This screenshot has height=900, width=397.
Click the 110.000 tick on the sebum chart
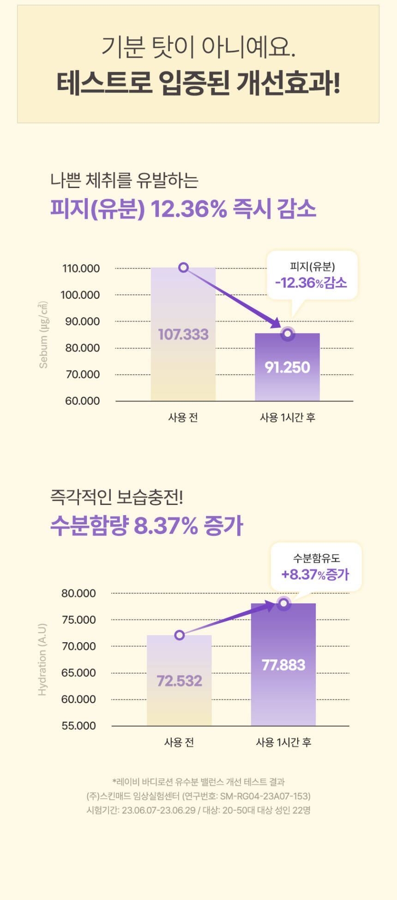coord(81,268)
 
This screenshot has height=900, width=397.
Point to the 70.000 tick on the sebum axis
coord(83,374)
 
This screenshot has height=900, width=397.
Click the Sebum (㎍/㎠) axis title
coord(43,334)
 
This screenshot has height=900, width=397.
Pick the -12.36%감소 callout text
coord(311,283)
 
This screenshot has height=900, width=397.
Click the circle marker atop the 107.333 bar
coord(183,268)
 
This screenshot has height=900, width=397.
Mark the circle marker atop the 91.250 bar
coord(287,334)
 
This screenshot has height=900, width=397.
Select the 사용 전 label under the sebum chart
coord(183,418)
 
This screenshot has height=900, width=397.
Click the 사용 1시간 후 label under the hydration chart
coord(283,742)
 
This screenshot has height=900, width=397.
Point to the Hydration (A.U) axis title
coord(42,659)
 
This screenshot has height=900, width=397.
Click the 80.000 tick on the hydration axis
coord(79,593)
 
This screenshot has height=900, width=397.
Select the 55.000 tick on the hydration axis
coord(79,726)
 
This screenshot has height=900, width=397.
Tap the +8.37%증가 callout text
coord(315,575)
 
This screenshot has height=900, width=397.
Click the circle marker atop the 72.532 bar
coord(180,635)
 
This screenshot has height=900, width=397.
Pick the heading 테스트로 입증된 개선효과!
coord(198,84)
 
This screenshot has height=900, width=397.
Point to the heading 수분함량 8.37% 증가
coord(147,526)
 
